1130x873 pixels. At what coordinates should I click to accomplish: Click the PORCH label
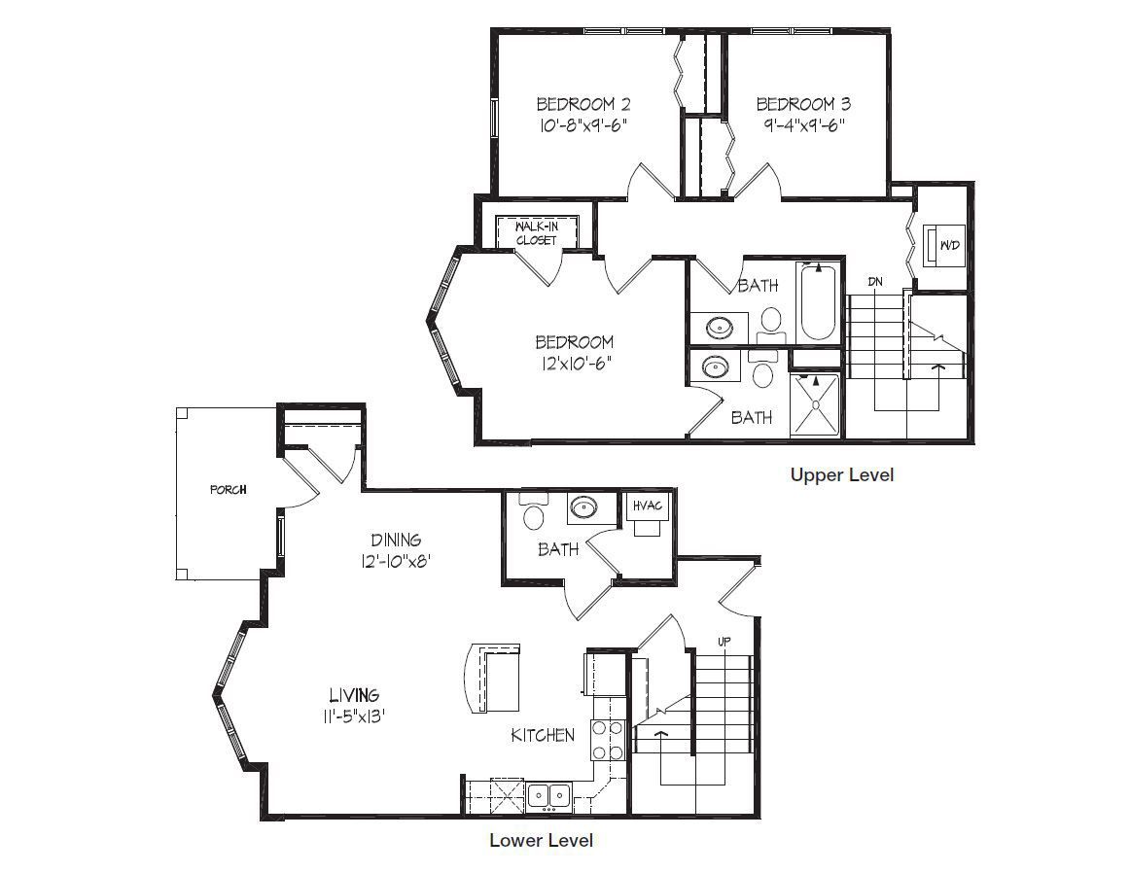coord(229,490)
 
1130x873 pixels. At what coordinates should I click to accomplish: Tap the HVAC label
coord(647,506)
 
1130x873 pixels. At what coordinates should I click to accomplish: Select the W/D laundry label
coord(950,246)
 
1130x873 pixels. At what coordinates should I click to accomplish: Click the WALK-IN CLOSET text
coord(536,233)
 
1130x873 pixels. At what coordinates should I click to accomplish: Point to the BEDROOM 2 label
coord(584,104)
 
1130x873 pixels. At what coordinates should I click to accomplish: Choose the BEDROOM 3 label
coord(803,104)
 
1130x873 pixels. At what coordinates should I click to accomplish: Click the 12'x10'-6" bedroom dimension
coord(574,364)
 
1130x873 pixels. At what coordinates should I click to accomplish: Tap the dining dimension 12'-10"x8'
coord(396,561)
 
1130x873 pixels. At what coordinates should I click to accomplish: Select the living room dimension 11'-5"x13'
coord(354,717)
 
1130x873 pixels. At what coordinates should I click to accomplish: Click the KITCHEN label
coord(543,735)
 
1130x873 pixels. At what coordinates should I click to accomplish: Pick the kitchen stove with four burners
coord(607,740)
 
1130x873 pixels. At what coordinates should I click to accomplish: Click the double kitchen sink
coord(549,796)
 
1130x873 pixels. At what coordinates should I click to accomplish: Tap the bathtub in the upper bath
coord(819,302)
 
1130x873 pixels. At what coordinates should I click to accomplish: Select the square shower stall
coord(815,404)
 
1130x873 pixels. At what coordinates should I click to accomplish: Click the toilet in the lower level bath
coord(533,512)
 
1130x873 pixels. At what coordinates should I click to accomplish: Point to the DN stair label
coord(875,282)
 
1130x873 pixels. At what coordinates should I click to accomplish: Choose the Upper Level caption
coord(842,475)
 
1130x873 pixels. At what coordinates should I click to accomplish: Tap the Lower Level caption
coord(542,841)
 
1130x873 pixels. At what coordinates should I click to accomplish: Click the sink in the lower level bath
coord(583,508)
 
